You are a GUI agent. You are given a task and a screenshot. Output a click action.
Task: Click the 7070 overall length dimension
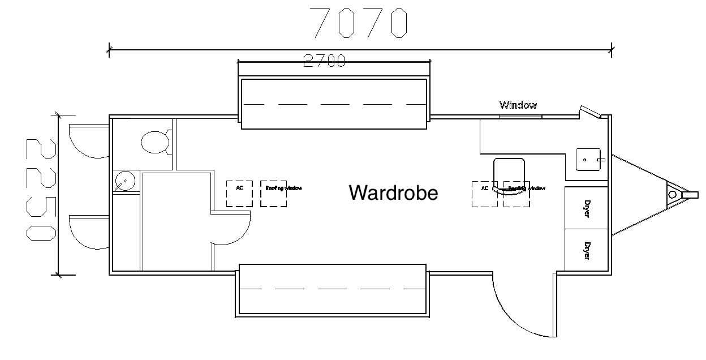[x=360, y=23]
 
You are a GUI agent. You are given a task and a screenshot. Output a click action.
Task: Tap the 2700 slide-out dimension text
[x=324, y=61]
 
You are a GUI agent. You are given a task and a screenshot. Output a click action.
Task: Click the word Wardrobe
[x=393, y=193]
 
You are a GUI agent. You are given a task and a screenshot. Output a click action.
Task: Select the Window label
[x=518, y=105]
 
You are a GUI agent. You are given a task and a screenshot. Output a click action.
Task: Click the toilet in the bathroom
[x=156, y=142]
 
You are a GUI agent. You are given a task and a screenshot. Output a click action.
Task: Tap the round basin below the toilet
[x=124, y=182]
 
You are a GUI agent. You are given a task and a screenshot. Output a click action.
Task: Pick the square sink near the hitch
[x=587, y=160]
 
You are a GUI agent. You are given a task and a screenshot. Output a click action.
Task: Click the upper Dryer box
[x=587, y=208]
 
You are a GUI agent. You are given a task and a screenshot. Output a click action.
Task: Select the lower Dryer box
[x=587, y=250]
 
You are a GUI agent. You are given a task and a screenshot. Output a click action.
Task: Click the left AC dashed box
[x=239, y=194]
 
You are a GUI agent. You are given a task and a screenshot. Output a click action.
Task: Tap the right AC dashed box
[x=485, y=194]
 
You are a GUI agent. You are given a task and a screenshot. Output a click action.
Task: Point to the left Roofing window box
[x=274, y=194]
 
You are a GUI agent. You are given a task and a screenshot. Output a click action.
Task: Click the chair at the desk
[x=509, y=176]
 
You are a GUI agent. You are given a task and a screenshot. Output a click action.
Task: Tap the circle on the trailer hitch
[x=672, y=195]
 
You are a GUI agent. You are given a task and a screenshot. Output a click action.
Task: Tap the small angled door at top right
[x=591, y=113]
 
